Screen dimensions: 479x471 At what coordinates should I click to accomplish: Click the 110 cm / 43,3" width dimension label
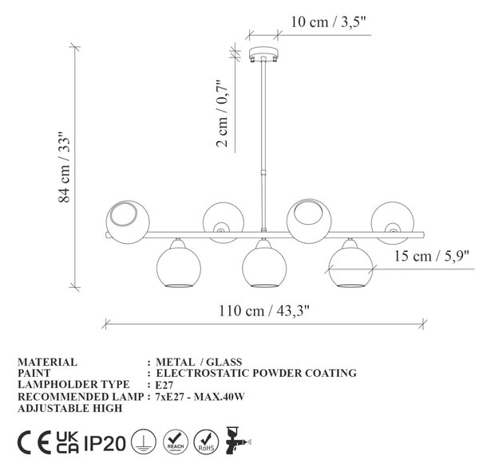(x=264, y=311)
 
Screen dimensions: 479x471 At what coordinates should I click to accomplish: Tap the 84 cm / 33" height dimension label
(x=64, y=167)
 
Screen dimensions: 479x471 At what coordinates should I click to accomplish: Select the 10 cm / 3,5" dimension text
(x=328, y=22)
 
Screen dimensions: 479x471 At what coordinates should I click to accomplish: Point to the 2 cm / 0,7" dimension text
(x=223, y=114)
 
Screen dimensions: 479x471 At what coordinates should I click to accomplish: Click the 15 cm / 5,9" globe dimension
(x=432, y=256)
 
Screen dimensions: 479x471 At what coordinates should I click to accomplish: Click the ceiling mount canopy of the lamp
(x=263, y=54)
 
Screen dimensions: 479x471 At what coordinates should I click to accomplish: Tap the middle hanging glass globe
(x=264, y=265)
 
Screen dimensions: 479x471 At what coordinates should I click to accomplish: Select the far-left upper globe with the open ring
(x=128, y=222)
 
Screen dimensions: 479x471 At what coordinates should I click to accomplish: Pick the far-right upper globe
(x=393, y=222)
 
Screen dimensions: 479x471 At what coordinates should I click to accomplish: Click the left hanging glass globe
(x=178, y=265)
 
